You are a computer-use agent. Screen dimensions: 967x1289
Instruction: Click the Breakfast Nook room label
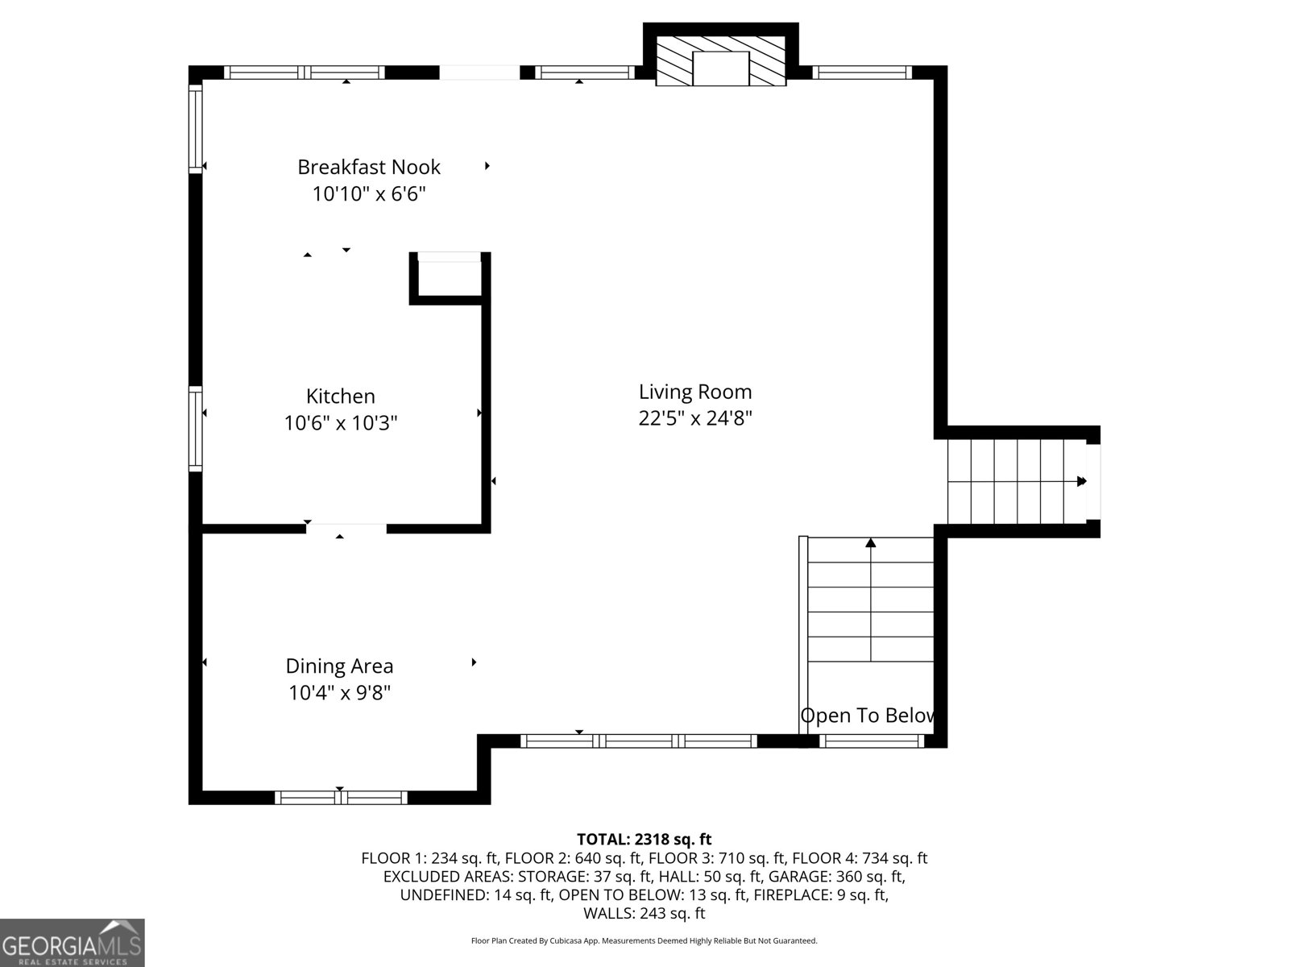(x=369, y=167)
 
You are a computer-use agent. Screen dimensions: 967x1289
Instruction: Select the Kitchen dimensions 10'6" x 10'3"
(x=341, y=422)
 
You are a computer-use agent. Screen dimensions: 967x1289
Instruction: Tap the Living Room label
(x=695, y=392)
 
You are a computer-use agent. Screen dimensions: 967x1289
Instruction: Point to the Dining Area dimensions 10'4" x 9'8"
(x=340, y=692)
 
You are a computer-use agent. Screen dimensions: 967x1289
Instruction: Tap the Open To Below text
(x=868, y=716)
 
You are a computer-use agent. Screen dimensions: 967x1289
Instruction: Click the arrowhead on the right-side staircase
(x=1082, y=481)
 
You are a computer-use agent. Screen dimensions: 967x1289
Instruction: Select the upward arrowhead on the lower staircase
(x=871, y=543)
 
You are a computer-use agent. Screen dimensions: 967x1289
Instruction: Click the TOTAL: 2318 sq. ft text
(x=644, y=840)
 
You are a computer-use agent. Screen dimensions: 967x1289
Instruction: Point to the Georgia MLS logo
(x=73, y=943)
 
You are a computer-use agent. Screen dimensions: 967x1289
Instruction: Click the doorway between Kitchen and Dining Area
(x=346, y=529)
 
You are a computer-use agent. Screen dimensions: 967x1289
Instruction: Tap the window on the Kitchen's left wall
(x=196, y=428)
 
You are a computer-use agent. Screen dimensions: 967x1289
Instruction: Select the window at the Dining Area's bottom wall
(x=341, y=797)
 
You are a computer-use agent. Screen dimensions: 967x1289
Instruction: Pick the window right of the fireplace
(x=862, y=73)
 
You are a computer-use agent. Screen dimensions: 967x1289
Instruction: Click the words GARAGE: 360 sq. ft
(x=836, y=877)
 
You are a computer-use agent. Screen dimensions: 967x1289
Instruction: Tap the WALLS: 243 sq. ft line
(x=644, y=913)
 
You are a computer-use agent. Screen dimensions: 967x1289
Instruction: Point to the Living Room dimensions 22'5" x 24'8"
(x=695, y=418)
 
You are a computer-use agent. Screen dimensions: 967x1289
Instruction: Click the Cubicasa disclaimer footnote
(x=644, y=940)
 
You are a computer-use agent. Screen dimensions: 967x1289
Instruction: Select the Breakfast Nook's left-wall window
(x=196, y=129)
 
